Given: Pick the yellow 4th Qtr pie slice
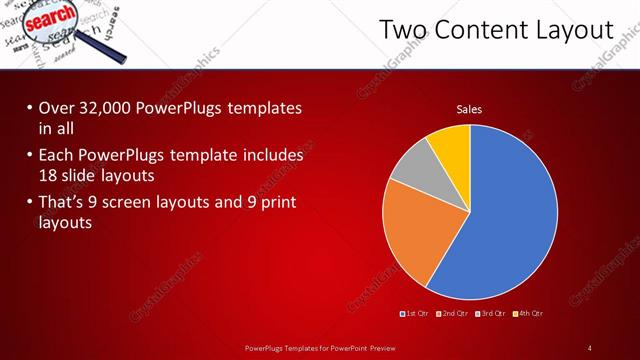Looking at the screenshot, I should [x=451, y=146].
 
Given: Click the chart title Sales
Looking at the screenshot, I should [x=470, y=109].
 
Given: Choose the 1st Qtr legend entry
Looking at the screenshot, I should [x=414, y=314].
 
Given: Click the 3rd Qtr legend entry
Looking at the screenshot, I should [x=490, y=314].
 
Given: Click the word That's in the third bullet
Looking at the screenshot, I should [x=63, y=204].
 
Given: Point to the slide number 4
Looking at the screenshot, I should [x=590, y=347].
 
